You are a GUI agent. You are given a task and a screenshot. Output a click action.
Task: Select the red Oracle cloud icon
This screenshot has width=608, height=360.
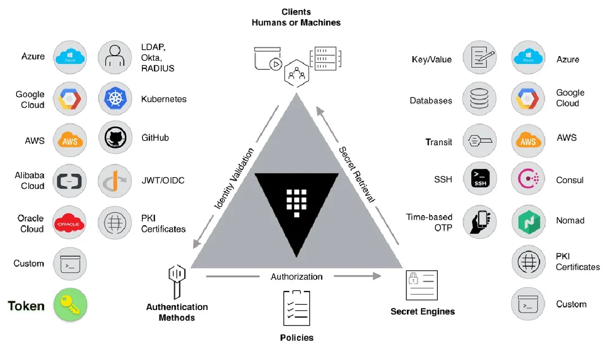pyautogui.click(x=70, y=223)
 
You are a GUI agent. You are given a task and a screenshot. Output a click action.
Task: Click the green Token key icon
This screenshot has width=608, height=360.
pyautogui.click(x=70, y=305)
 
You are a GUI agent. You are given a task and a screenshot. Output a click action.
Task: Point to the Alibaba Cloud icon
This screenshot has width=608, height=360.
pyautogui.click(x=70, y=181)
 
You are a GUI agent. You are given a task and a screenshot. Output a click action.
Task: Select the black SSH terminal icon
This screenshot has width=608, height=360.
pyautogui.click(x=479, y=180)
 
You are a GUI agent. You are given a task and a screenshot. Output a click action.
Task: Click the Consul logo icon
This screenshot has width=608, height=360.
pyautogui.click(x=528, y=180)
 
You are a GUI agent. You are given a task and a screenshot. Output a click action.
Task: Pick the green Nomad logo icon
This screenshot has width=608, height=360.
pyautogui.click(x=528, y=221)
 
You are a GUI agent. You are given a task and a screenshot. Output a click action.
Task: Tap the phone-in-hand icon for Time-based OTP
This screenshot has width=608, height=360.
pyautogui.click(x=479, y=221)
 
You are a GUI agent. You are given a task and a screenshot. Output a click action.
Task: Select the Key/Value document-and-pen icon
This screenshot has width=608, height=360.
pyautogui.click(x=479, y=57)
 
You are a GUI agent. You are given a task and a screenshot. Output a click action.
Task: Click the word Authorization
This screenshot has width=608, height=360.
pyautogui.click(x=296, y=276)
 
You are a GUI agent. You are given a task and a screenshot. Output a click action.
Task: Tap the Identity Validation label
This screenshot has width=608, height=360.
pyautogui.click(x=234, y=179)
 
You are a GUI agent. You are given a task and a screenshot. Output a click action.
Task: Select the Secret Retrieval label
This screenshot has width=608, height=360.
pyautogui.click(x=357, y=175)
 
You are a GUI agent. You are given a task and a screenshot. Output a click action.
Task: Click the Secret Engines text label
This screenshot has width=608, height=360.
pyautogui.click(x=423, y=311)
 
